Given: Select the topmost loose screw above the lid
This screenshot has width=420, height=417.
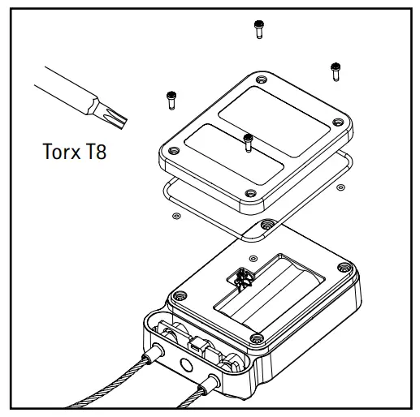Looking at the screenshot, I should (x=258, y=28).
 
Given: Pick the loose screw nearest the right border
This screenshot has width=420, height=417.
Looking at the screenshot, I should (x=334, y=71).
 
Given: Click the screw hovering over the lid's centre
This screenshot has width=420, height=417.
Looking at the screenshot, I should (x=248, y=143).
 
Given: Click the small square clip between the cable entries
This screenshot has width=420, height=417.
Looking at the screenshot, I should (x=195, y=344).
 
